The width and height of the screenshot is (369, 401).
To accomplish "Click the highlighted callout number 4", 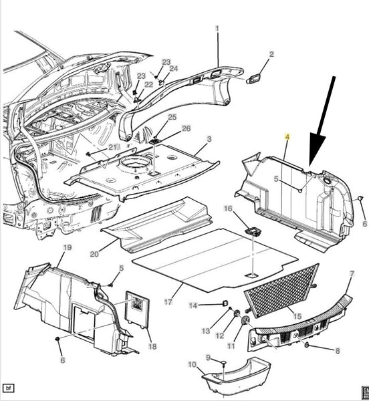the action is click(x=287, y=137).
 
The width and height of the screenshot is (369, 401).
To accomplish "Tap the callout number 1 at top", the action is click(x=217, y=28).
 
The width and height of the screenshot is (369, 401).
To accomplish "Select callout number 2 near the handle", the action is click(x=271, y=54).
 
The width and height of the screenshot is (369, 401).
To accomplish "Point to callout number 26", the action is click(x=186, y=128).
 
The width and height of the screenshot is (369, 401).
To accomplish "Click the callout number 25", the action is click(x=172, y=117).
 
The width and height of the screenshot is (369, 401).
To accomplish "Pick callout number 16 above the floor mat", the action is click(x=228, y=209).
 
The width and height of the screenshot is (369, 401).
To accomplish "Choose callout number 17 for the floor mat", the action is click(x=168, y=302).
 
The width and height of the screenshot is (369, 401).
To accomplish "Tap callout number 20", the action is click(x=94, y=254).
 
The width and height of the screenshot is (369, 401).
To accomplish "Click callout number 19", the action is click(x=68, y=247).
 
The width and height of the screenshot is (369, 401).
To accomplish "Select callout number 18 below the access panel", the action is click(x=152, y=346).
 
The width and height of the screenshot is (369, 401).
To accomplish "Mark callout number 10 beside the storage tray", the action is click(x=192, y=364).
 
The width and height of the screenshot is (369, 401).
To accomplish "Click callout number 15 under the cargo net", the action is click(x=297, y=316).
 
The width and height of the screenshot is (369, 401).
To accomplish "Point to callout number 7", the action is click(x=352, y=274).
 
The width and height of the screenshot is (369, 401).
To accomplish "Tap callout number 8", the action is click(x=338, y=351).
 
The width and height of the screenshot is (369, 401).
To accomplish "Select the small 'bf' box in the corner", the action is click(x=9, y=388).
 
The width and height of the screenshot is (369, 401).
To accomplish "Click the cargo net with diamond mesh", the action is click(x=281, y=290).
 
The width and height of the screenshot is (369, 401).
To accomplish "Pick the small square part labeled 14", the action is click(x=225, y=303).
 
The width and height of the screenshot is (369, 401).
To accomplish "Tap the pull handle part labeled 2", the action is click(x=254, y=79).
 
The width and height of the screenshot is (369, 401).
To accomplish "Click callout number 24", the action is click(x=174, y=69).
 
